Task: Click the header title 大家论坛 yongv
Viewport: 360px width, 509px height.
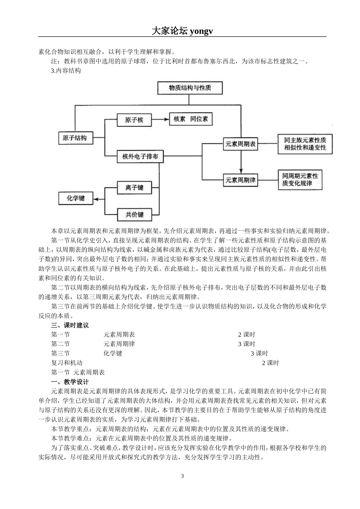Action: click(182, 31)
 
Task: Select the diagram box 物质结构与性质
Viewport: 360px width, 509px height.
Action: click(190, 88)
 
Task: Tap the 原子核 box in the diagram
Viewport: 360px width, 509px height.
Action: click(134, 120)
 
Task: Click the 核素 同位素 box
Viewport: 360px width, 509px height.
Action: click(191, 119)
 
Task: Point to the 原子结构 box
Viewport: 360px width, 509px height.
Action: click(75, 138)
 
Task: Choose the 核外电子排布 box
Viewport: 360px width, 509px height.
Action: click(140, 156)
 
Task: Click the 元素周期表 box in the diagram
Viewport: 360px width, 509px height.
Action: click(240, 144)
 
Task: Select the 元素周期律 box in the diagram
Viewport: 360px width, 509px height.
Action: click(240, 180)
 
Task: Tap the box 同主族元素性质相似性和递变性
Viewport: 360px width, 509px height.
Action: click(305, 144)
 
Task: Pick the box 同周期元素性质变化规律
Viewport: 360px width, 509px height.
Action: click(300, 180)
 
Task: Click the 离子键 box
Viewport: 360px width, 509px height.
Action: click(135, 187)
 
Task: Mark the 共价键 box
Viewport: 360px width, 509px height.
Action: click(135, 214)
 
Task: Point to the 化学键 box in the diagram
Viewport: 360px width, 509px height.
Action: click(75, 198)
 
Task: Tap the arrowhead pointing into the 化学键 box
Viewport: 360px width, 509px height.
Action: click(96, 198)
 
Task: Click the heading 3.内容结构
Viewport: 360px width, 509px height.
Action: click(66, 70)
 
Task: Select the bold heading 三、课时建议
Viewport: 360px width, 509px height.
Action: click(70, 325)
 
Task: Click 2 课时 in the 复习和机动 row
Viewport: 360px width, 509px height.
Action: click(270, 363)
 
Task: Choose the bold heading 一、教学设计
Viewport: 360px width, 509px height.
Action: click(70, 382)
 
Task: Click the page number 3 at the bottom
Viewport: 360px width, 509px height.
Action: click(182, 476)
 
